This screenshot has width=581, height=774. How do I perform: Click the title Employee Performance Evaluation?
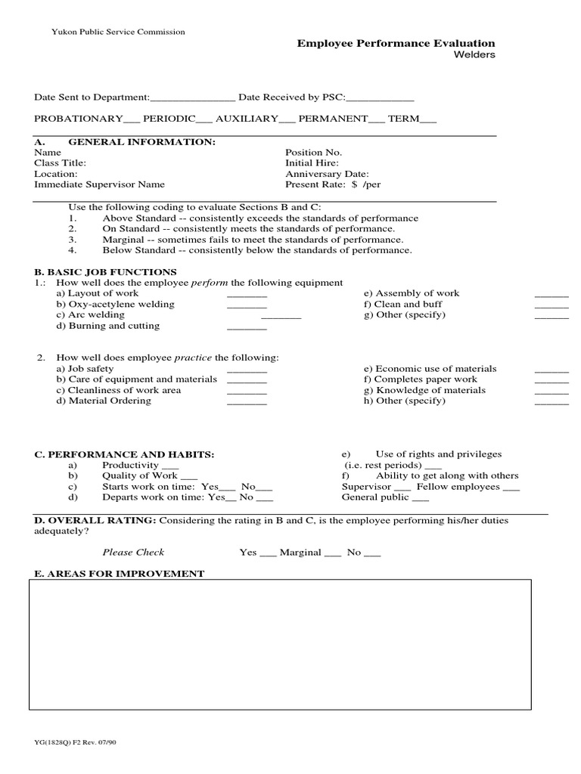coord(396,44)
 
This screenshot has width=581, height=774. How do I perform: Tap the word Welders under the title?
coord(474,56)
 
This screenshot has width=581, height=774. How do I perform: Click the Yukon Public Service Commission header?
coord(118,32)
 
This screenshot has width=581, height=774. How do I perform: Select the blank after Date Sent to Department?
coord(194,98)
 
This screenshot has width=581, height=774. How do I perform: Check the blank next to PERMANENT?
coord(377,120)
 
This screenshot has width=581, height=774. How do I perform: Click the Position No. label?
coord(313,153)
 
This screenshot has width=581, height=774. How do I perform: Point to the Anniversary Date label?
coord(327,174)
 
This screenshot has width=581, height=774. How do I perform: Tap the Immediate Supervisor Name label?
coord(99,184)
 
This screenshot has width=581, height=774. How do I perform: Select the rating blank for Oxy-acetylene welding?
coord(247,306)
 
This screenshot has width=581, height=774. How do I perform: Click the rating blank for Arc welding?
coord(281,317)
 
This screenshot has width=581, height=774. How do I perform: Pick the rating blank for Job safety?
coord(247,371)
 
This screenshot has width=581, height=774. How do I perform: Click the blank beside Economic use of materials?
coord(551,371)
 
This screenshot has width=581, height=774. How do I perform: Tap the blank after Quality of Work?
coord(188,478)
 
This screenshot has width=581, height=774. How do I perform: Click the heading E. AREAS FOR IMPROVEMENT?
coord(119,574)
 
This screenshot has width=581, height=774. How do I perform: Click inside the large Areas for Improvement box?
coord(280,645)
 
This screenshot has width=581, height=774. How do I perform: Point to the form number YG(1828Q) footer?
coord(75,742)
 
